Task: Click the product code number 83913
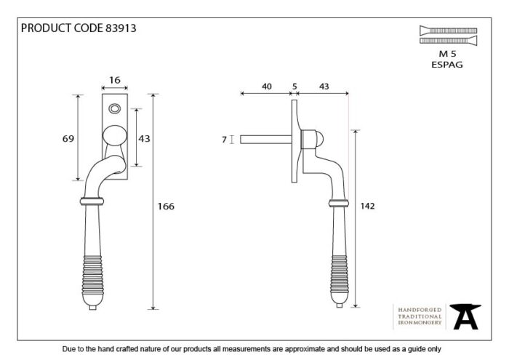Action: (121, 28)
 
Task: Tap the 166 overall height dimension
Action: (166, 206)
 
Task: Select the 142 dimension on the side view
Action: (367, 206)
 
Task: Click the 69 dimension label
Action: (68, 139)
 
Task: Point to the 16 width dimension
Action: (115, 80)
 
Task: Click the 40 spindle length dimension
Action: (267, 87)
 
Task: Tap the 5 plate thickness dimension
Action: (294, 87)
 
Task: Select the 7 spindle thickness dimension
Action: (224, 140)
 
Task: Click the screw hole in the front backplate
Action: (115, 108)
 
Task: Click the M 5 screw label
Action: (447, 54)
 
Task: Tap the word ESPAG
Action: (447, 65)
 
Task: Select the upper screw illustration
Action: (449, 31)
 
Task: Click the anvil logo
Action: (465, 316)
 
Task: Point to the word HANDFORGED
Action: (420, 310)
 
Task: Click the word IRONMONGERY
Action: (420, 323)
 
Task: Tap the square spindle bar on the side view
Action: (266, 140)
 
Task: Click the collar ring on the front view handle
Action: (92, 201)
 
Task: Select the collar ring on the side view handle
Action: (339, 204)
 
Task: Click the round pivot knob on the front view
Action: (115, 135)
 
